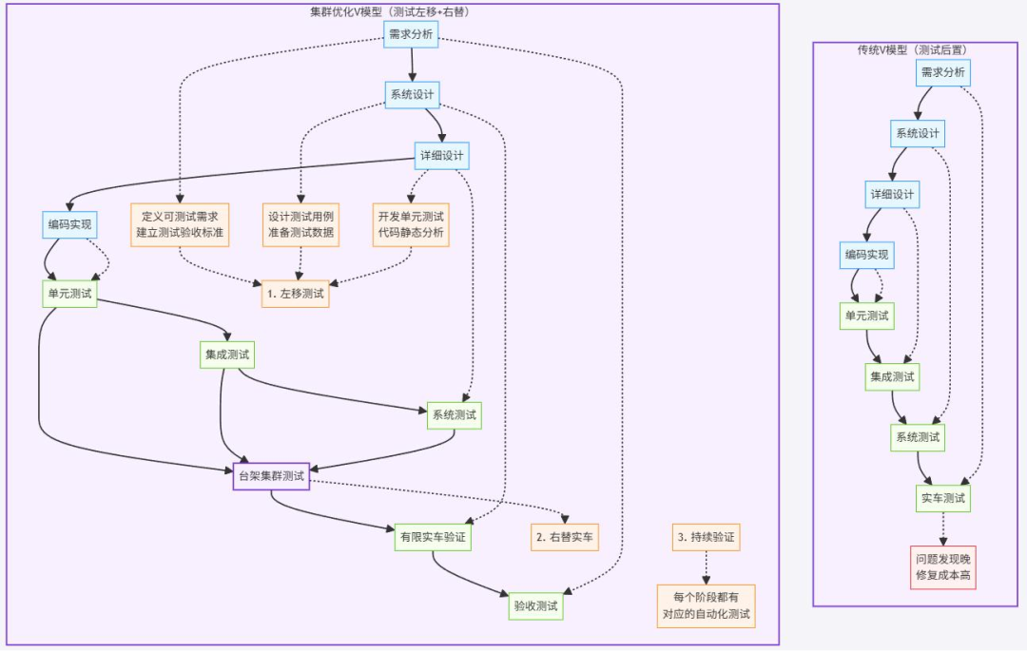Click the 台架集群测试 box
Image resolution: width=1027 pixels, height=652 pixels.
(272, 476)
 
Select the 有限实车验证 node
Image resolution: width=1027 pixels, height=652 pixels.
(433, 538)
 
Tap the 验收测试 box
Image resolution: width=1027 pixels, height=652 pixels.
(535, 605)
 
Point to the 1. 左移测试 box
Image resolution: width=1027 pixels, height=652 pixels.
(295, 294)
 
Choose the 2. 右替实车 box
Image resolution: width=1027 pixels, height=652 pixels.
(565, 538)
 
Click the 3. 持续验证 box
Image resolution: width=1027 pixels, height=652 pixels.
(706, 538)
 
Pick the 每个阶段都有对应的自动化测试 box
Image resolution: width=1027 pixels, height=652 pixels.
(706, 605)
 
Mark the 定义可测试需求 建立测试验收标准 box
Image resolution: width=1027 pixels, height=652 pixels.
(179, 224)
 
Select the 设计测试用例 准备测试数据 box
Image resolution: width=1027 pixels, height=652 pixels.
(300, 224)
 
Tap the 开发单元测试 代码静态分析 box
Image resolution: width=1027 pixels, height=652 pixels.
(411, 224)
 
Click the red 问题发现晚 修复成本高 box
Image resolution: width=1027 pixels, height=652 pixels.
(943, 566)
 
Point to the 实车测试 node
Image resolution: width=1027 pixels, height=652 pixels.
(943, 498)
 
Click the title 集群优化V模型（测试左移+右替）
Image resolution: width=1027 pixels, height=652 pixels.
(390, 11)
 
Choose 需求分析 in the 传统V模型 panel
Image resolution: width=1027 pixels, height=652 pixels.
(943, 72)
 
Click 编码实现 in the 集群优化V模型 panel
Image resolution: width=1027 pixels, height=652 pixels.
(69, 225)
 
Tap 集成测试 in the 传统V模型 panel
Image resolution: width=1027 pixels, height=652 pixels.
(892, 376)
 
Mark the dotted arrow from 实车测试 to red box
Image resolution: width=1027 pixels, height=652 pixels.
(943, 527)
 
